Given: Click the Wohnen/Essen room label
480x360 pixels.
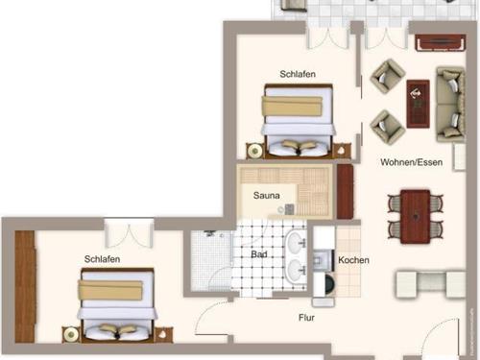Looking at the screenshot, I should tap(411, 162).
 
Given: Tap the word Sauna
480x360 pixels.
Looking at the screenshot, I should tap(266, 196).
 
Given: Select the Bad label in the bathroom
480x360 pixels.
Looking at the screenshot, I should tap(259, 255).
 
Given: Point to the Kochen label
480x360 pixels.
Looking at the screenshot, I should tap(353, 260).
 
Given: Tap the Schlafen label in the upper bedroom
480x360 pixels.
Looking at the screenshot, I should tap(298, 74).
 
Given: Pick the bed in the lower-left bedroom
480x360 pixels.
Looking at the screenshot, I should tap(116, 305).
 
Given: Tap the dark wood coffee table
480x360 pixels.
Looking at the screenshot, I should tap(419, 103).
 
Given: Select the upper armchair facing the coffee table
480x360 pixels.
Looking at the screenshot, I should tap(387, 75).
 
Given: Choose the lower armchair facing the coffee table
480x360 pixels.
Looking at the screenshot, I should tap(386, 124).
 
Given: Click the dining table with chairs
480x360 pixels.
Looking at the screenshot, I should tap(416, 216).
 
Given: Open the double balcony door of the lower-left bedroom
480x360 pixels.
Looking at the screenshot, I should tap(128, 233).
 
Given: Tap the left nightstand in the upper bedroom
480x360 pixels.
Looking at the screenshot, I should tap(254, 151).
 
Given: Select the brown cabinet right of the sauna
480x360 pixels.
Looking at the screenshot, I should tap(346, 191).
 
